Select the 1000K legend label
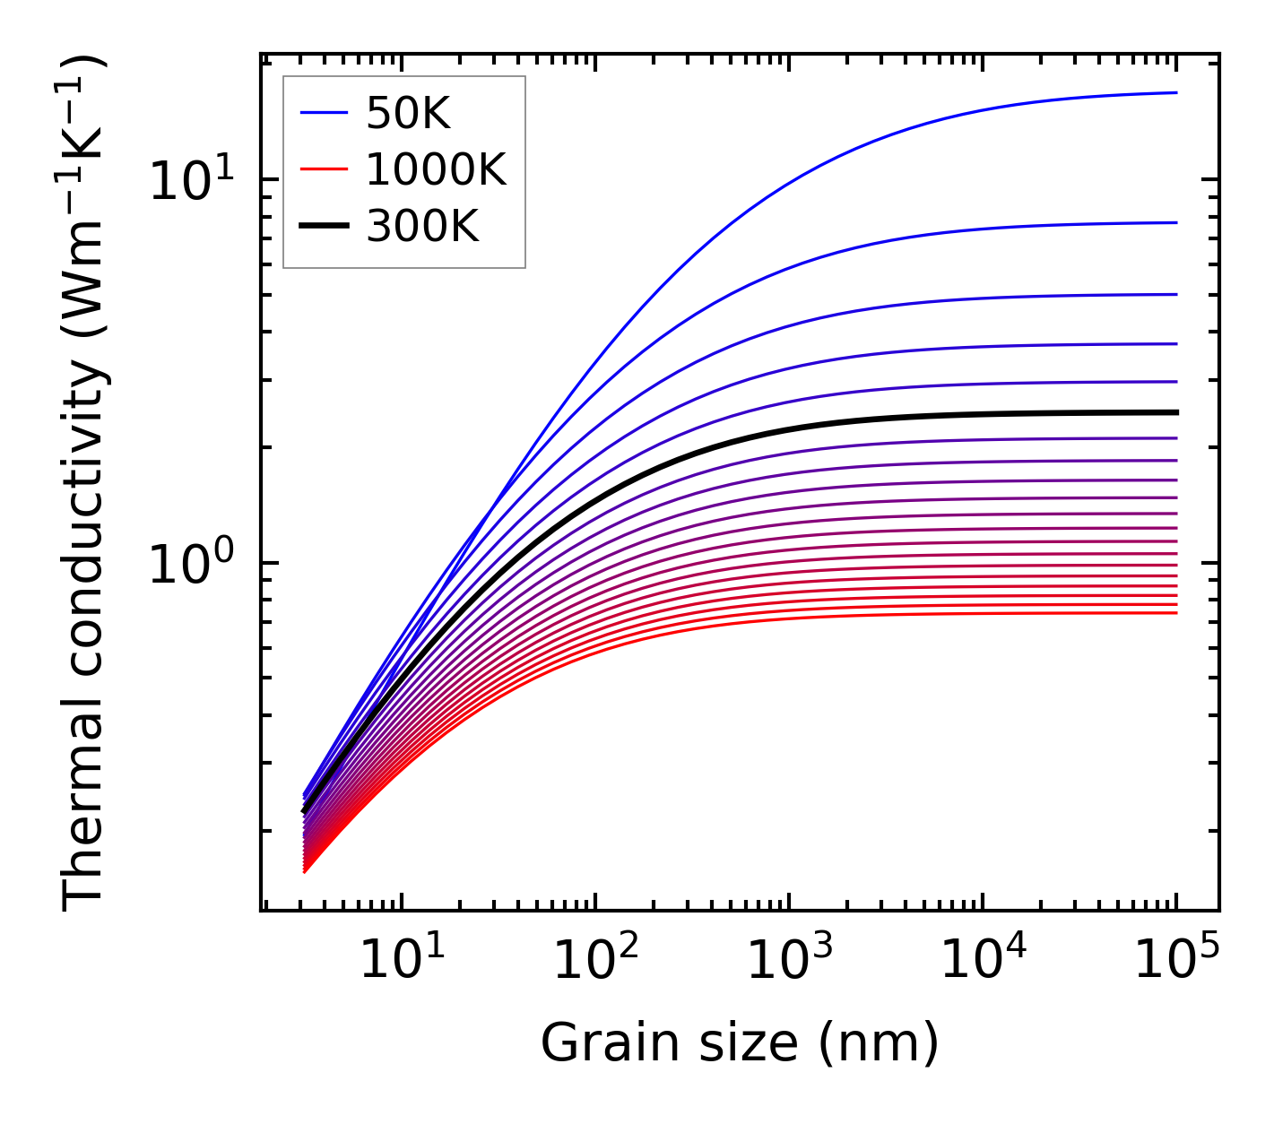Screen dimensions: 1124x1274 point(436,169)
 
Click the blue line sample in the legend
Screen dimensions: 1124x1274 point(324,113)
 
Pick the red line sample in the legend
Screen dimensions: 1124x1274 point(324,169)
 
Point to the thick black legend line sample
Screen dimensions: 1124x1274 point(324,227)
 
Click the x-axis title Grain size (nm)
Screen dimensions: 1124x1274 point(740,1042)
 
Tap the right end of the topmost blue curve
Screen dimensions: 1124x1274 point(1175,92)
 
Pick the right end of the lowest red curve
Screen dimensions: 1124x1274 point(1175,613)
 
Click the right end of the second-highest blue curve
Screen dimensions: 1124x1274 point(1175,222)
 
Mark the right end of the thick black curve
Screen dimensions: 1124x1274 point(1175,412)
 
